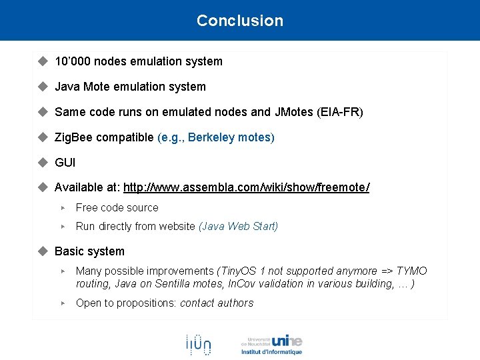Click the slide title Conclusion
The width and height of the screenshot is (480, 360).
pyautogui.click(x=240, y=21)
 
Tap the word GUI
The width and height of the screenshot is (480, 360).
pyautogui.click(x=65, y=162)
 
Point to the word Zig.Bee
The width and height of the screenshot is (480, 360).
pyautogui.click(x=73, y=137)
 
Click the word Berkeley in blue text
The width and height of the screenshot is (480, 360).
pyautogui.click(x=211, y=137)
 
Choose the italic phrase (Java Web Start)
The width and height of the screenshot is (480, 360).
pyautogui.click(x=239, y=226)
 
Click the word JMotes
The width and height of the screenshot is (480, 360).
pyautogui.click(x=293, y=112)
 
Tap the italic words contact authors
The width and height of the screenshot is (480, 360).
pyautogui.click(x=217, y=303)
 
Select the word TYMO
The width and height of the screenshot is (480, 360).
pyautogui.click(x=411, y=271)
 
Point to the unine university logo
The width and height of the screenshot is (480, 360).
pyautogui.click(x=271, y=344)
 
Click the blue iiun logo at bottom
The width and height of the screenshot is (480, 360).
pyautogui.click(x=198, y=345)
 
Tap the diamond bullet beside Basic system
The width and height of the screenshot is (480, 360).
pyautogui.click(x=43, y=251)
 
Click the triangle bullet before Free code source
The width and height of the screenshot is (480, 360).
pyautogui.click(x=63, y=208)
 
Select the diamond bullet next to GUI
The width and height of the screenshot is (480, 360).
pyautogui.click(x=43, y=162)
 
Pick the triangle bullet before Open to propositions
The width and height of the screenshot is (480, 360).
pyautogui.click(x=63, y=303)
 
